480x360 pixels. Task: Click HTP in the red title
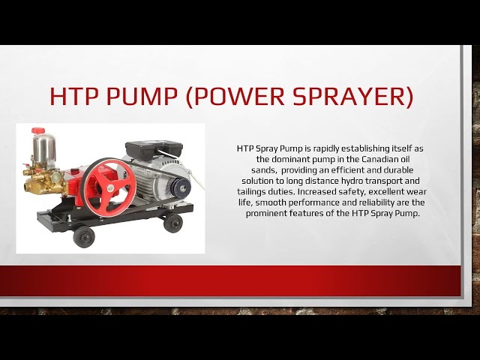(71, 97)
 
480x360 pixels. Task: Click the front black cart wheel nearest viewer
(84, 236)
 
